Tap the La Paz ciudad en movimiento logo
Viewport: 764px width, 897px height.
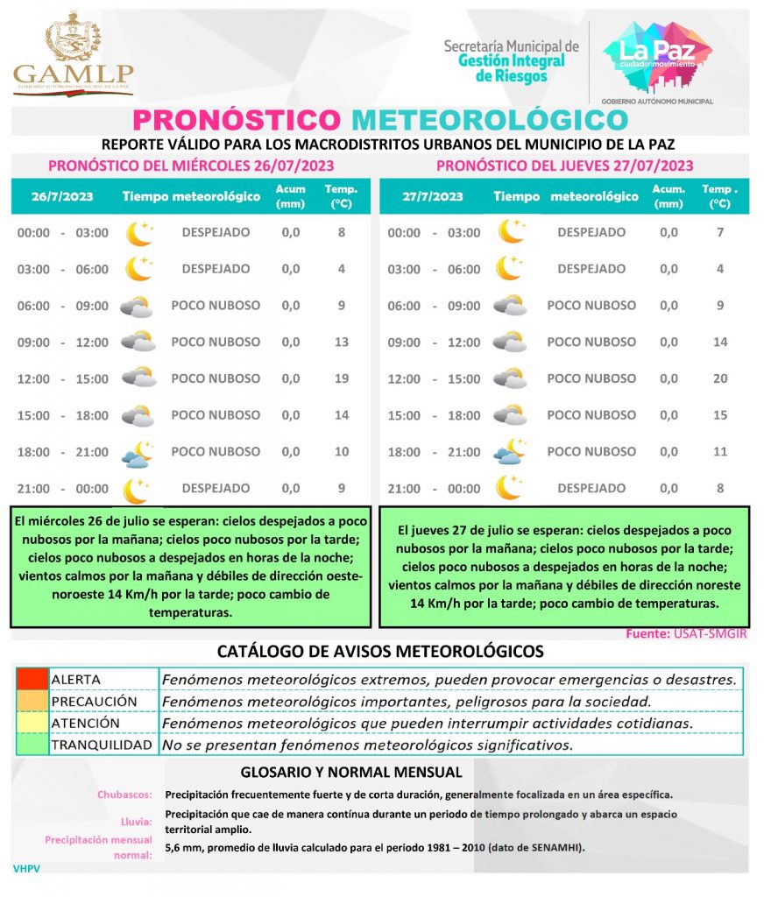656,56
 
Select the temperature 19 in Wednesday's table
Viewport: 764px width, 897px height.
342,378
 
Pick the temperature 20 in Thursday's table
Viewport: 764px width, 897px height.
720,378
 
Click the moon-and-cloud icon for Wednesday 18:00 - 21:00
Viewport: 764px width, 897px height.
138,453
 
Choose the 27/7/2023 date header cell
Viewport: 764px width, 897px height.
433,196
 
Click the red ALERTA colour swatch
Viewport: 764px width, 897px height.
32,679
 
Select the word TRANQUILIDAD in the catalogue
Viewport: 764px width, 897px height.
101,745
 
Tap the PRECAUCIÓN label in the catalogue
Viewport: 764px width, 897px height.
94,702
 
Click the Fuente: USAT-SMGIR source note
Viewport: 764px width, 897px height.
687,633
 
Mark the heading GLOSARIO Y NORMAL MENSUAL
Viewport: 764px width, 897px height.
350,773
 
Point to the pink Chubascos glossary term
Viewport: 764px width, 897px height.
125,795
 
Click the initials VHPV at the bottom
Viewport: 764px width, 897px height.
27,868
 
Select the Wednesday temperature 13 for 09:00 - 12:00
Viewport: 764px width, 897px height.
342,342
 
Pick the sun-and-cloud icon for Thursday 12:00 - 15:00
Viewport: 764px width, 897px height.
510,378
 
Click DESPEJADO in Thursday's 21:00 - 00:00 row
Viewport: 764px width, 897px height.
591,488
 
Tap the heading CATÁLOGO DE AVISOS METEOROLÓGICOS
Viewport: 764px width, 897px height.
380,652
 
